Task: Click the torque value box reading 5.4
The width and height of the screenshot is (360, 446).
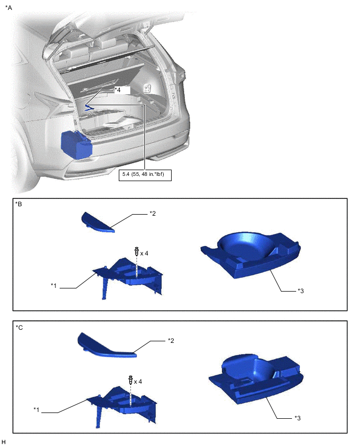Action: click(145, 174)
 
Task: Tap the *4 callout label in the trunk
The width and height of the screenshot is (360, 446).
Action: click(117, 90)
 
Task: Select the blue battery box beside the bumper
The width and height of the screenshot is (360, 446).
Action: click(76, 144)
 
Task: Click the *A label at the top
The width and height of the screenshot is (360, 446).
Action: click(8, 8)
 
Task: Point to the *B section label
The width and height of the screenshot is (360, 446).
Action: click(18, 204)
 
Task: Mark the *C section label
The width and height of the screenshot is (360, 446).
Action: click(19, 327)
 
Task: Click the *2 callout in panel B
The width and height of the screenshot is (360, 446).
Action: click(153, 214)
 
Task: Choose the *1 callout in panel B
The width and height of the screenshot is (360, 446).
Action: click(54, 285)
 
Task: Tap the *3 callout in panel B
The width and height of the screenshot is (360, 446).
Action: click(300, 291)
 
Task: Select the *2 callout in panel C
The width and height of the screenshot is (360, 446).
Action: click(171, 340)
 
